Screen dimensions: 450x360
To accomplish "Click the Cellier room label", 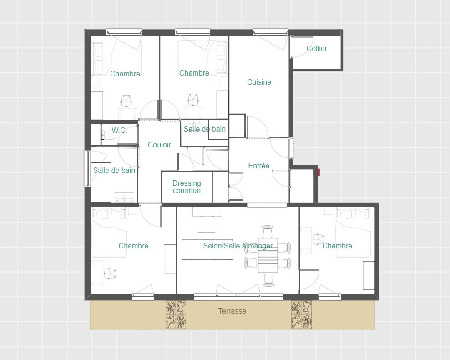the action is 317,48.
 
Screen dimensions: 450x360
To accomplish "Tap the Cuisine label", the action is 259,82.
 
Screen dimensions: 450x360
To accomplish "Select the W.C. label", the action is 119,130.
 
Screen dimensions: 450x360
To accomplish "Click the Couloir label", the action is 159,145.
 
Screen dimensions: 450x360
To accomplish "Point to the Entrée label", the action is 259,166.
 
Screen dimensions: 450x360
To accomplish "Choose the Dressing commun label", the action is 187,187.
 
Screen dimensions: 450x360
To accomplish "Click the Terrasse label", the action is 232,311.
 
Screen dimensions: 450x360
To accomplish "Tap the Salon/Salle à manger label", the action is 238,246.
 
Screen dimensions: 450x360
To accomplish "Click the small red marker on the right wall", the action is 319,172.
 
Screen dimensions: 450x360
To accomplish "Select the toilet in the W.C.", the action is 109,135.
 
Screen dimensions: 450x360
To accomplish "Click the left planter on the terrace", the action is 176,314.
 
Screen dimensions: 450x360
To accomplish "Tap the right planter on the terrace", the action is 301,314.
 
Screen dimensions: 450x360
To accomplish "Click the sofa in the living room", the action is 207,249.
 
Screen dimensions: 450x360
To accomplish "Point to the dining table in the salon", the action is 268,255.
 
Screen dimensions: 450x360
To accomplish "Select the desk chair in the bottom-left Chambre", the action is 110,274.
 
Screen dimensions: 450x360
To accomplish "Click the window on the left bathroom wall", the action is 87,168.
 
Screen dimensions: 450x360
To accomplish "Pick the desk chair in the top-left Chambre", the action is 126,101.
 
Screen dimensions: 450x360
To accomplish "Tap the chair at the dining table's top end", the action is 268,231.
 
